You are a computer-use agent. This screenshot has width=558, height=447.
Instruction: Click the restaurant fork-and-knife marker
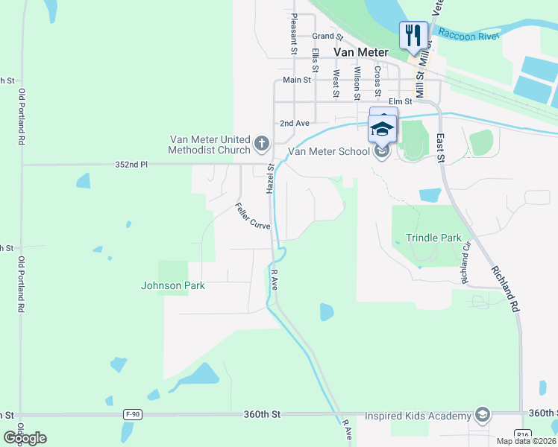click(x=413, y=35)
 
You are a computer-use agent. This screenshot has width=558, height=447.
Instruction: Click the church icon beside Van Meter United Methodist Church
click(x=261, y=142)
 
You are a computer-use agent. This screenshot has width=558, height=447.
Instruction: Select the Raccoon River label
click(x=467, y=34)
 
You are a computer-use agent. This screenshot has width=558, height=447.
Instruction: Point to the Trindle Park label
click(x=434, y=238)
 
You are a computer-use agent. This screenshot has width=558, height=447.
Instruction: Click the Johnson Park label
click(x=173, y=285)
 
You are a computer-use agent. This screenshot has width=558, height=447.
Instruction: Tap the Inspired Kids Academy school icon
click(x=482, y=415)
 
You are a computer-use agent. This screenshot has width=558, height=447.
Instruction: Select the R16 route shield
click(x=522, y=434)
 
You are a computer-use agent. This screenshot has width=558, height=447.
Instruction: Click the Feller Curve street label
click(x=252, y=216)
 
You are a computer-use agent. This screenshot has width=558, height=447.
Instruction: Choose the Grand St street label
click(x=327, y=36)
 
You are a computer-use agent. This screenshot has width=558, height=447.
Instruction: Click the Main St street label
click(x=297, y=80)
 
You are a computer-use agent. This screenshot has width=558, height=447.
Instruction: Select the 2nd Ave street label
click(x=294, y=123)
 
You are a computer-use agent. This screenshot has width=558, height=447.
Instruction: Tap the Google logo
click(x=25, y=437)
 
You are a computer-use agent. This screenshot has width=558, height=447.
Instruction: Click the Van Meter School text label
click(x=329, y=151)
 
